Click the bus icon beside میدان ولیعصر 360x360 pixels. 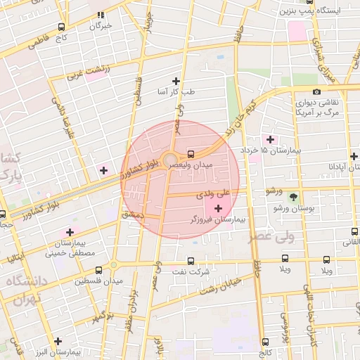(x=191, y=154)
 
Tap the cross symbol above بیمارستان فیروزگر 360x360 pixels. (x=218, y=208)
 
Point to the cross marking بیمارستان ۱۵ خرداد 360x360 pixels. (x=270, y=140)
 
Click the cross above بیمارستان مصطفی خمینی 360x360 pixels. (x=69, y=232)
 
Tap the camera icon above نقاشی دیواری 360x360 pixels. (x=317, y=91)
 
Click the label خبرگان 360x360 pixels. (x=100, y=26)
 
